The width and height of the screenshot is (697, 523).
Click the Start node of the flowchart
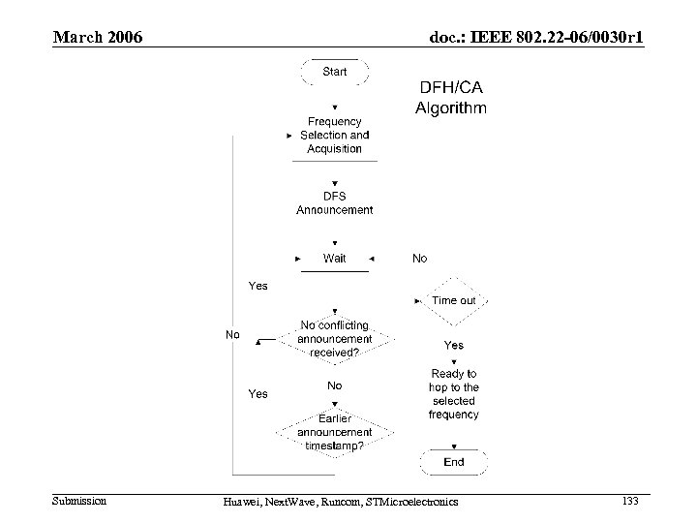click(x=335, y=71)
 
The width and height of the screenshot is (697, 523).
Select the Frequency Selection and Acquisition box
click(x=335, y=136)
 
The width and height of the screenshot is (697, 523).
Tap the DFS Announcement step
click(x=335, y=202)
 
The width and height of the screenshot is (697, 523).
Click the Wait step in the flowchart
click(x=335, y=259)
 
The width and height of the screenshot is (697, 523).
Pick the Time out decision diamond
click(x=453, y=300)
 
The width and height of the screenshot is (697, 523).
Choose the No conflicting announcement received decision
click(x=335, y=339)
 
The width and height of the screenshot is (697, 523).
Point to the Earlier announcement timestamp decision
click(x=335, y=432)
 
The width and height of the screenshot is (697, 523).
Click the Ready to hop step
click(x=453, y=393)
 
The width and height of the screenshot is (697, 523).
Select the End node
click(x=453, y=462)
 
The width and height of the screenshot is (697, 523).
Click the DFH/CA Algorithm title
click(x=451, y=97)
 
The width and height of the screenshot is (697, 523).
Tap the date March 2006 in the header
click(x=98, y=38)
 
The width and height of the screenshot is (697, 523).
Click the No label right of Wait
click(x=419, y=259)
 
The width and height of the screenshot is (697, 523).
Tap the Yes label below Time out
click(x=453, y=345)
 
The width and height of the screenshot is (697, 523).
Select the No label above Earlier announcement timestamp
click(x=335, y=385)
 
